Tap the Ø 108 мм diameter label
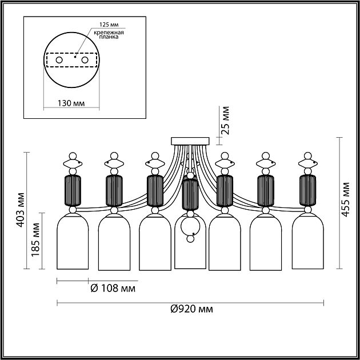pyautogui.click(x=113, y=288)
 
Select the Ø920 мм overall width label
pyautogui.click(x=191, y=310)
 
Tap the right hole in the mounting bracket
pyautogui.click(x=85, y=59)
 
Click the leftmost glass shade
pyautogui.click(x=72, y=242)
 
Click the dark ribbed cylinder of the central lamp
pyautogui.click(x=189, y=194)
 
